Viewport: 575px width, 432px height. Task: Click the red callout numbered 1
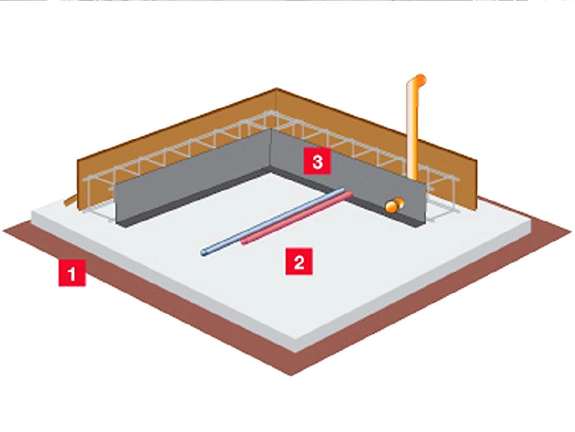(x=72, y=273)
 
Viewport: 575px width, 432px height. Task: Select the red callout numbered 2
(x=299, y=261)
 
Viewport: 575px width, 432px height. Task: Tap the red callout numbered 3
(x=317, y=161)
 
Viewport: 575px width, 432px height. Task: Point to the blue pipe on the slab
(x=273, y=222)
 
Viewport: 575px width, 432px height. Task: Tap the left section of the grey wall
(x=193, y=176)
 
